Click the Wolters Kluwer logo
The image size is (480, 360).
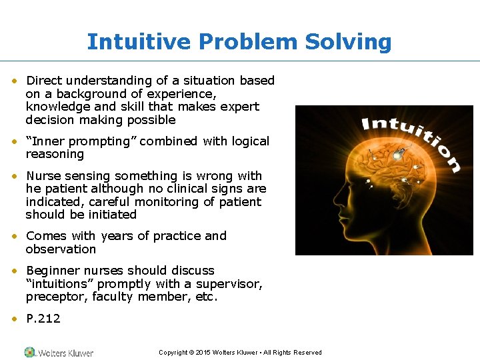pyautogui.click(x=59, y=352)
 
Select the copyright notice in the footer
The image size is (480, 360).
pyautogui.click(x=240, y=353)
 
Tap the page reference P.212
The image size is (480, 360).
pyautogui.click(x=43, y=319)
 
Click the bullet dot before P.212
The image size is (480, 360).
pyautogui.click(x=15, y=319)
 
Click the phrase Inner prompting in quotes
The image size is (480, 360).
pyautogui.click(x=81, y=141)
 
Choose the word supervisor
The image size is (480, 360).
pyautogui.click(x=233, y=284)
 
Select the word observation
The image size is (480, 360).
pyautogui.click(x=61, y=249)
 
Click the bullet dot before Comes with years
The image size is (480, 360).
pyautogui.click(x=15, y=236)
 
